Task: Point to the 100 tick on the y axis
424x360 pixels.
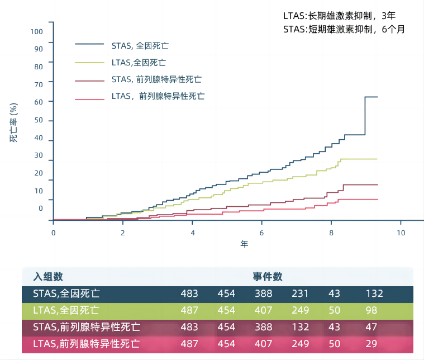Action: tap(36, 31)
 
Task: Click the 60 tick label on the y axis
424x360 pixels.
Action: tap(38, 102)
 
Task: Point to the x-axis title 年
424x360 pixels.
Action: tap(244, 244)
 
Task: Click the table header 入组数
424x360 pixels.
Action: tap(47, 277)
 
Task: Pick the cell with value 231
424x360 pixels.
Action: tap(300, 293)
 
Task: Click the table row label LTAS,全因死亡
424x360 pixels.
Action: tap(66, 310)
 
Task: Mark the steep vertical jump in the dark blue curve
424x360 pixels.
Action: tap(365, 116)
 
